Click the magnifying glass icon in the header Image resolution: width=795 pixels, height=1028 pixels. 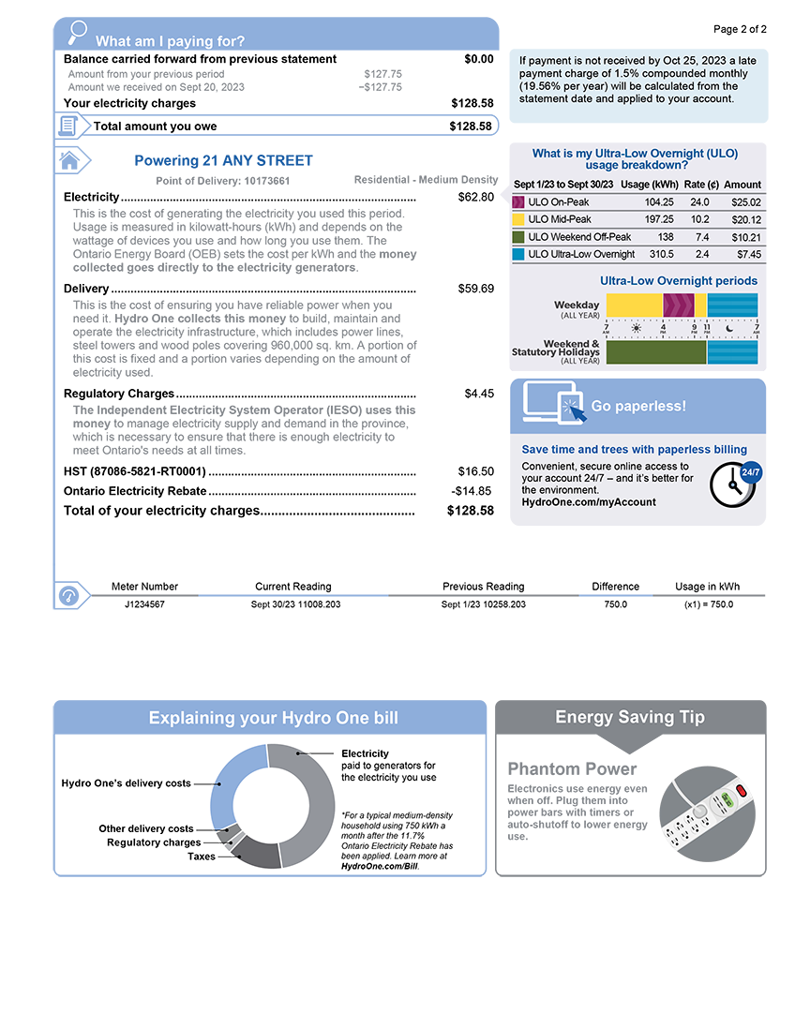tap(78, 32)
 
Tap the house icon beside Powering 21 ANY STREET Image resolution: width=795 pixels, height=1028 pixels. tap(69, 160)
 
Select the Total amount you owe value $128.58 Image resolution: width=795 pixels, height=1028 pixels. tap(471, 127)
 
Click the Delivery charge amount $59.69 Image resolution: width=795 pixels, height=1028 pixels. tap(476, 289)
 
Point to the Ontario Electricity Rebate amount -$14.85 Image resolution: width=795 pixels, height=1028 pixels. tap(472, 491)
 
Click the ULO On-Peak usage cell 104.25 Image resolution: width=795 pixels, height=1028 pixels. tap(659, 202)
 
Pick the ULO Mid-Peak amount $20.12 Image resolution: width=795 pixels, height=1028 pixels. tap(746, 220)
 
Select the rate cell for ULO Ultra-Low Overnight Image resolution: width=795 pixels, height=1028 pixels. tap(702, 254)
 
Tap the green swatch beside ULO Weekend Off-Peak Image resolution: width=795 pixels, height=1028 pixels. tap(518, 237)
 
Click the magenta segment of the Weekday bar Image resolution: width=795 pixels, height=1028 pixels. tap(678, 305)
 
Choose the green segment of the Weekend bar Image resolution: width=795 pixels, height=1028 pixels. tap(656, 352)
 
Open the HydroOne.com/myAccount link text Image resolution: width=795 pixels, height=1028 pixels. tap(589, 502)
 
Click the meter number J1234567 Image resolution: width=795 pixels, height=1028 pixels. tap(144, 604)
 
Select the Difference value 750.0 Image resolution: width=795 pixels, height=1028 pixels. tap(615, 604)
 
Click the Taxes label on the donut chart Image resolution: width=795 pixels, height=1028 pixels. tap(202, 857)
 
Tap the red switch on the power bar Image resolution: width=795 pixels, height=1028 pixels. tap(742, 791)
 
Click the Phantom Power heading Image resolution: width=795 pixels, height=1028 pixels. tap(572, 769)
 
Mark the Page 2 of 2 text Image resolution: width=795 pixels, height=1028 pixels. tap(740, 29)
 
